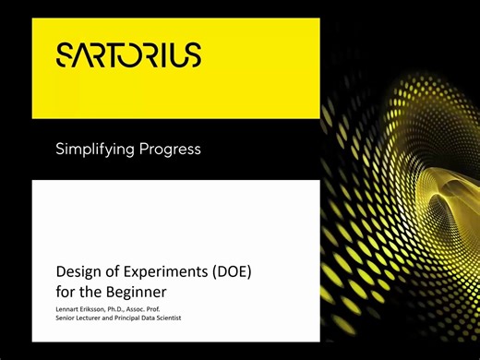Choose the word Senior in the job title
(67, 318)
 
